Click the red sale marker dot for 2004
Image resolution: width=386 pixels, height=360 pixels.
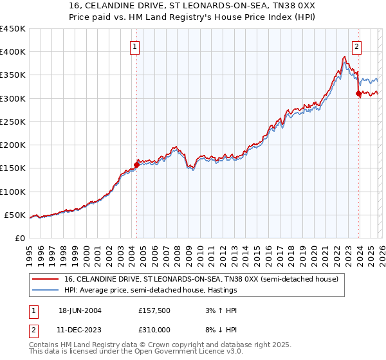pos(136,165)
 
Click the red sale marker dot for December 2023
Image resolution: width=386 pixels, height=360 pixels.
pos(358,93)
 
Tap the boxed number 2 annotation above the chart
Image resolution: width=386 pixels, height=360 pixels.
pos(356,46)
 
